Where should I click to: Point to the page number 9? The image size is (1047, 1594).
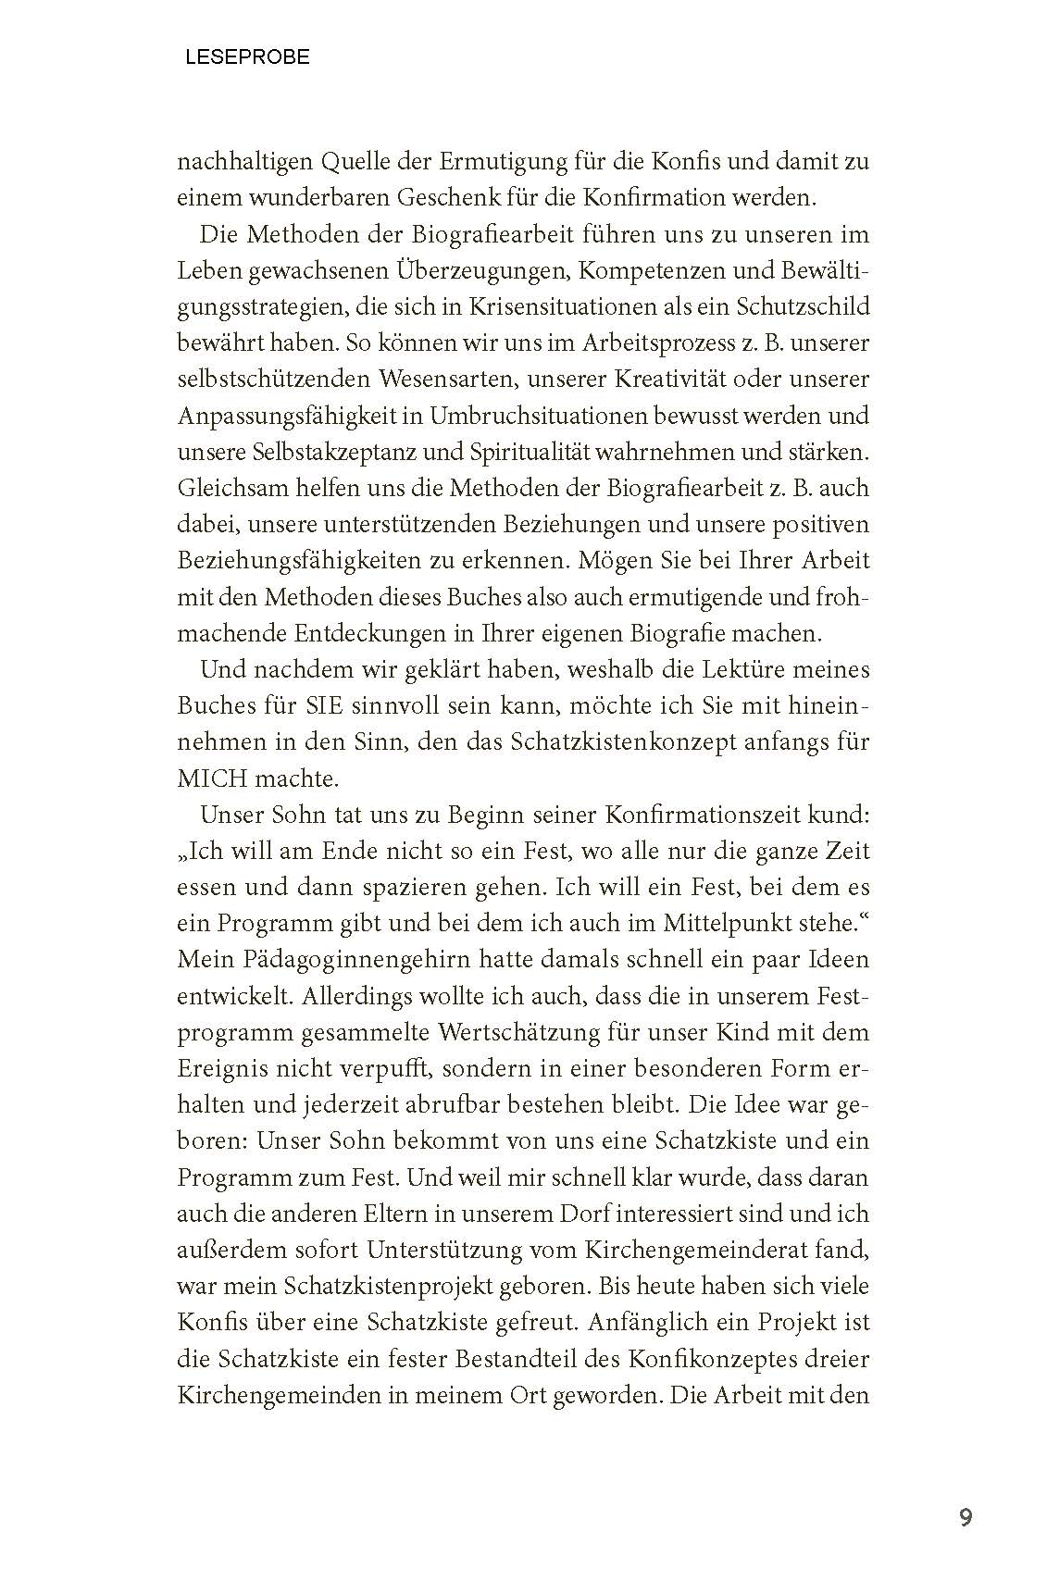click(x=966, y=1518)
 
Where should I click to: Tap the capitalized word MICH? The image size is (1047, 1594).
click(x=210, y=778)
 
